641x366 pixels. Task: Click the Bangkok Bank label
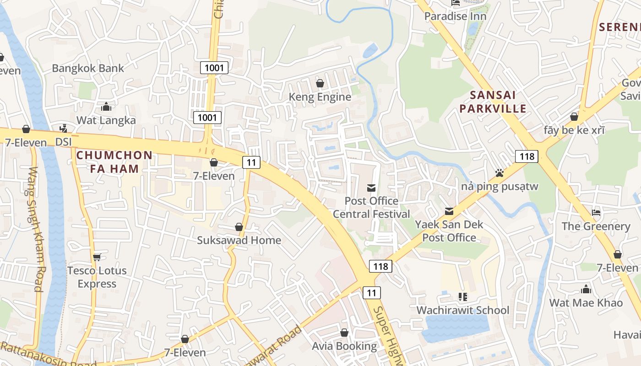pyautogui.click(x=87, y=68)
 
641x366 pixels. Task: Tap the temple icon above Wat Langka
pyautogui.click(x=106, y=107)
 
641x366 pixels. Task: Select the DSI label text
pyautogui.click(x=64, y=142)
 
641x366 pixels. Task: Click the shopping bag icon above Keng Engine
pyautogui.click(x=320, y=83)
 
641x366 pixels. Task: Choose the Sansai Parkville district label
pyautogui.click(x=493, y=102)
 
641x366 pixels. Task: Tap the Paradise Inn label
pyautogui.click(x=455, y=16)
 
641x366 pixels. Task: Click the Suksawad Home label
pyautogui.click(x=239, y=240)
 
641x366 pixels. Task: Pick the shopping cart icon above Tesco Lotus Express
pyautogui.click(x=97, y=257)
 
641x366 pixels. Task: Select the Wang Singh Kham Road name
pyautogui.click(x=35, y=229)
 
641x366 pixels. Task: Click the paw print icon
pyautogui.click(x=499, y=173)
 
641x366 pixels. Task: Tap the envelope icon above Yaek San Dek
pyautogui.click(x=449, y=211)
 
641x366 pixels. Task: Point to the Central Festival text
pyautogui.click(x=371, y=214)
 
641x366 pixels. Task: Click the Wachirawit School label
pyautogui.click(x=462, y=310)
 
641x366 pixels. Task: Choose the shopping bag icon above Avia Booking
pyautogui.click(x=344, y=333)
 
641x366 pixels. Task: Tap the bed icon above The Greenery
pyautogui.click(x=596, y=213)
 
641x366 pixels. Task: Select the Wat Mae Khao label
pyautogui.click(x=586, y=302)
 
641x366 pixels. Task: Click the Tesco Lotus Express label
pyautogui.click(x=97, y=277)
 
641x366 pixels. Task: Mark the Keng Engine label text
pyautogui.click(x=320, y=97)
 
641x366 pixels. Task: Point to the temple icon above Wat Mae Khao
pyautogui.click(x=586, y=289)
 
